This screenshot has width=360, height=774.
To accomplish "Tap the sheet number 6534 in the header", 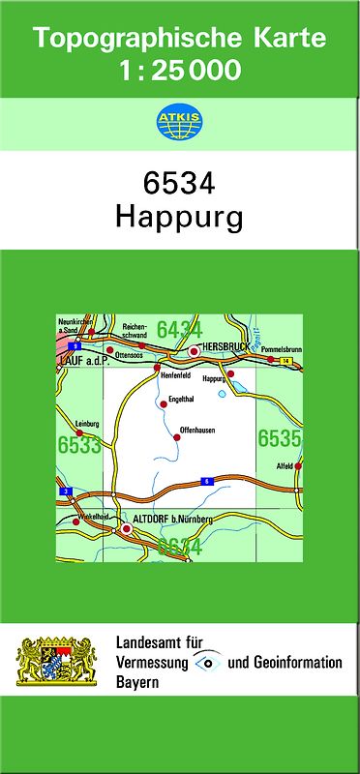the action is tap(178, 184).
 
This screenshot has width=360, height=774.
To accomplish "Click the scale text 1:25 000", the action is tap(179, 70).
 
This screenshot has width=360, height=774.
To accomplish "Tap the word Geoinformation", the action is tap(295, 663).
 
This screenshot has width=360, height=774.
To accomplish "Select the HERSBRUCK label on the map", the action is tap(225, 344).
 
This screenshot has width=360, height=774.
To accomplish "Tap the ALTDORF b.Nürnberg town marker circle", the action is tap(125, 529).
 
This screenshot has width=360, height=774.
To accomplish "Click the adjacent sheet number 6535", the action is tap(279, 438).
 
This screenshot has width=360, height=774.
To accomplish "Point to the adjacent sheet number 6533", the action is tap(79, 445).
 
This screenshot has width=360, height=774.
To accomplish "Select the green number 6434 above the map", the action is tap(179, 330).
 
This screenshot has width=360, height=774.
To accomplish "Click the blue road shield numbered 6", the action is tap(205, 481).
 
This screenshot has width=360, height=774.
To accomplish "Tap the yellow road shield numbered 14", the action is tap(286, 361).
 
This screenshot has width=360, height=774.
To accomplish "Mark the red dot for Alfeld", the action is tap(298, 465).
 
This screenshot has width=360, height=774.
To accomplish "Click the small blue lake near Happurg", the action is tap(222, 394).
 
